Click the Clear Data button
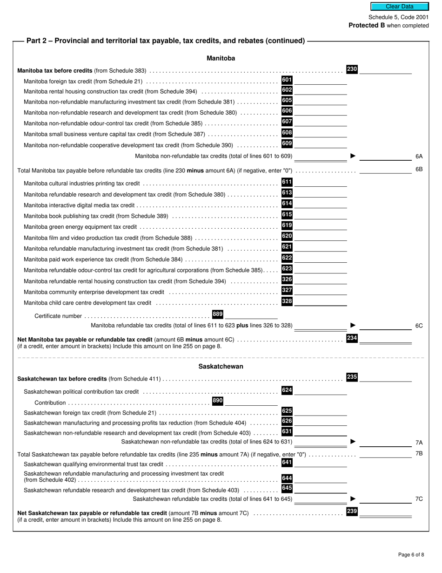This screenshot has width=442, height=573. pyautogui.click(x=399, y=7)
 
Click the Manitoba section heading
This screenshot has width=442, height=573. pyautogui.click(x=221, y=58)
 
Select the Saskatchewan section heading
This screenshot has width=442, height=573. pyautogui.click(x=221, y=366)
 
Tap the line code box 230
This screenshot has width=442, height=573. pyautogui.click(x=352, y=69)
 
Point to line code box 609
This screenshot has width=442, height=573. pyautogui.click(x=287, y=143)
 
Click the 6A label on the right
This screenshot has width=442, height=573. pyautogui.click(x=419, y=157)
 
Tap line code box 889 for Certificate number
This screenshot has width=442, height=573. pyautogui.click(x=217, y=314)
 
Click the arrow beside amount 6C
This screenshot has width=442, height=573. pyautogui.click(x=353, y=325)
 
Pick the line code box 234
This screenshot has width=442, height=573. pyautogui.click(x=352, y=338)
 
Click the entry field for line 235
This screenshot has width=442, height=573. pyautogui.click(x=385, y=378)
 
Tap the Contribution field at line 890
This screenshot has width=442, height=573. pyautogui.click(x=251, y=402)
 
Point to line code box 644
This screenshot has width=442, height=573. pyautogui.click(x=287, y=478)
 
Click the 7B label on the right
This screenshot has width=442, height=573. pyautogui.click(x=419, y=453)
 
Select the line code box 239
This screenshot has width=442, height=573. pyautogui.click(x=352, y=512)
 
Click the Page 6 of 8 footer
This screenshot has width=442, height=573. pyautogui.click(x=411, y=554)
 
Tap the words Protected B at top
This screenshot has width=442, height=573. pyautogui.click(x=367, y=25)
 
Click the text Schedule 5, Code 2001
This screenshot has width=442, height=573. pyautogui.click(x=399, y=17)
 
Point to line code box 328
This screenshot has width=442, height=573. pyautogui.click(x=287, y=301)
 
